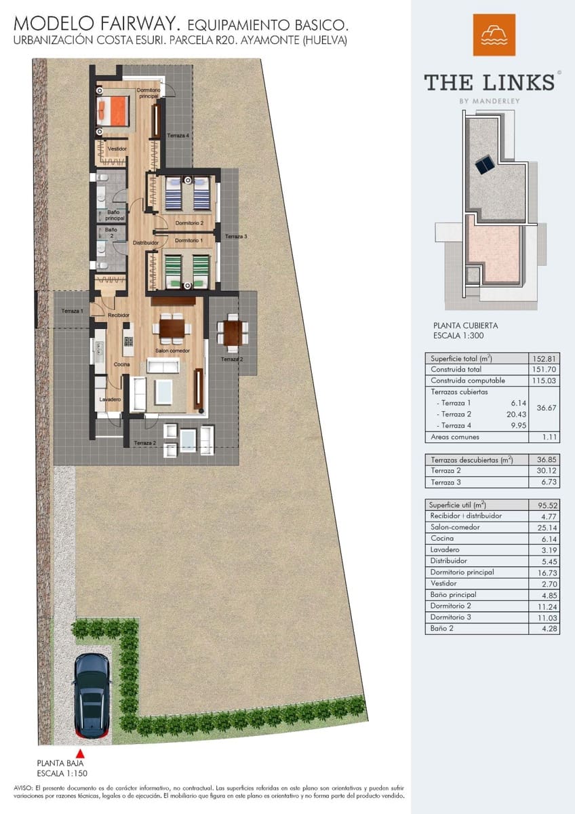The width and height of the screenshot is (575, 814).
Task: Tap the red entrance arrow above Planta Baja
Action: pos(80,754)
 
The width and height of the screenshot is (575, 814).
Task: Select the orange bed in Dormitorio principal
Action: pos(113,109)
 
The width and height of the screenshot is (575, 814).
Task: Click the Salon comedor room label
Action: pos(172,351)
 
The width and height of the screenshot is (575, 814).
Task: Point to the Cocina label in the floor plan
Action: pos(121,364)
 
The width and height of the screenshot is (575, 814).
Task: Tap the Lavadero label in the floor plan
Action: pos(109,400)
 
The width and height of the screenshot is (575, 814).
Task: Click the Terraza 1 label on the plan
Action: pos(72,311)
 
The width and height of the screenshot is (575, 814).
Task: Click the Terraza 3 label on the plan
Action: pos(236,237)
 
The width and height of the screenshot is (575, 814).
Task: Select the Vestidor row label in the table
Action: pos(443,583)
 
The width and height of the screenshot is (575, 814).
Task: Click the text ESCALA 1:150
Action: pos(62,773)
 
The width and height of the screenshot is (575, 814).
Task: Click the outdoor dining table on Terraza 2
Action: pos(232,332)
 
